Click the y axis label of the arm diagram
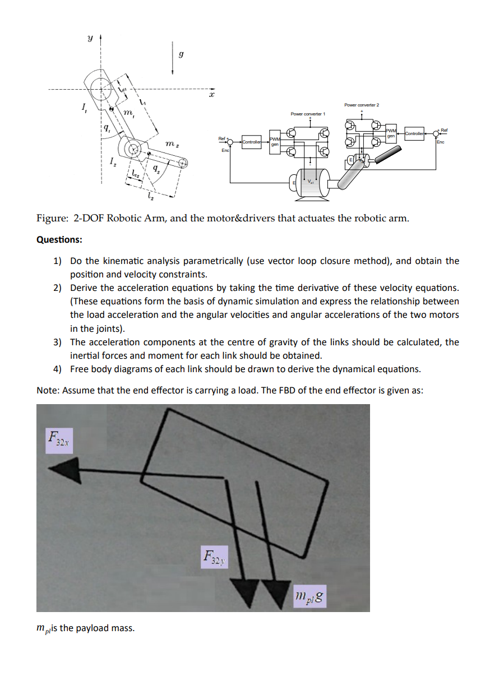[89, 40]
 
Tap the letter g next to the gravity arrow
[181, 54]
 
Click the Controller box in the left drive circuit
[252, 142]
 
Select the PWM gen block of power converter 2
[391, 133]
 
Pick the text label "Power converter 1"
[307, 114]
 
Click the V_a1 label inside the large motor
[310, 182]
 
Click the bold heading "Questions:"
[59, 239]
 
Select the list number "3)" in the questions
[58, 342]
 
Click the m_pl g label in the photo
[309, 596]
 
